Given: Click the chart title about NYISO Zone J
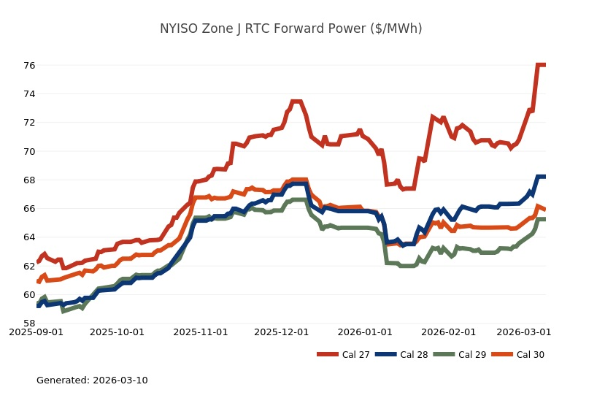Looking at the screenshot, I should coord(290,28).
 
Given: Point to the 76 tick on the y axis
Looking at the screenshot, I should coord(28,65).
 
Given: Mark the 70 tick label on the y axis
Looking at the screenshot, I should coord(28,151).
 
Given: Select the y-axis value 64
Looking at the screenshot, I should coord(28,237).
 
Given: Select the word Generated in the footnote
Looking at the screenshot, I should coord(61,380).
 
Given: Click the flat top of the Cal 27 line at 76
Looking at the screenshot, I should coord(542,65).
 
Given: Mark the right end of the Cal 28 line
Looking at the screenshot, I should coord(544,177).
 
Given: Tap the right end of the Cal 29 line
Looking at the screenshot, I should coord(544,219).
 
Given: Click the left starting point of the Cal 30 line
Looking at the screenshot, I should coord(38,281).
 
